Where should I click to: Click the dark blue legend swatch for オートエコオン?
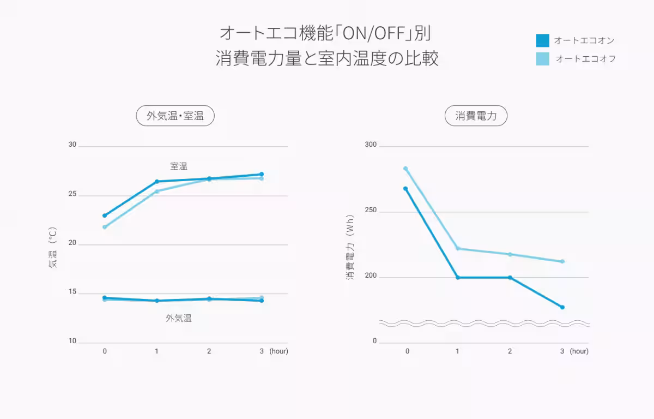coord(543,40)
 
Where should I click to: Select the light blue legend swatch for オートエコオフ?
coord(543,58)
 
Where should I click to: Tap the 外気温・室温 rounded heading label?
coord(175,116)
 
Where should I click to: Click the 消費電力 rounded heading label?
coord(476,116)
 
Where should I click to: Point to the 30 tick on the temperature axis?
coord(72,145)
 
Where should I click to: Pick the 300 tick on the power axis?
coord(371,145)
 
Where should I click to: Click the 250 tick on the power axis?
coord(371,211)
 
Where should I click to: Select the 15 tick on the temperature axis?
coord(72,294)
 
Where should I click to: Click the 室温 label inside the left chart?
coord(179,166)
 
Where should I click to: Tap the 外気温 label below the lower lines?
coord(179,318)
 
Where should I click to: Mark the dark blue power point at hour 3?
coord(562,307)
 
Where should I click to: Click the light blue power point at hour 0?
coord(405,169)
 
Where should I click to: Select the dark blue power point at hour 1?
coord(458,278)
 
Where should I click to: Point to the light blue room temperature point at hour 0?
coord(105,227)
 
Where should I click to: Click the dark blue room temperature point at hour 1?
coord(157,182)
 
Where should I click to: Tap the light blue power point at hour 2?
coord(510,254)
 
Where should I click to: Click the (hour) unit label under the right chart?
coord(579,351)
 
